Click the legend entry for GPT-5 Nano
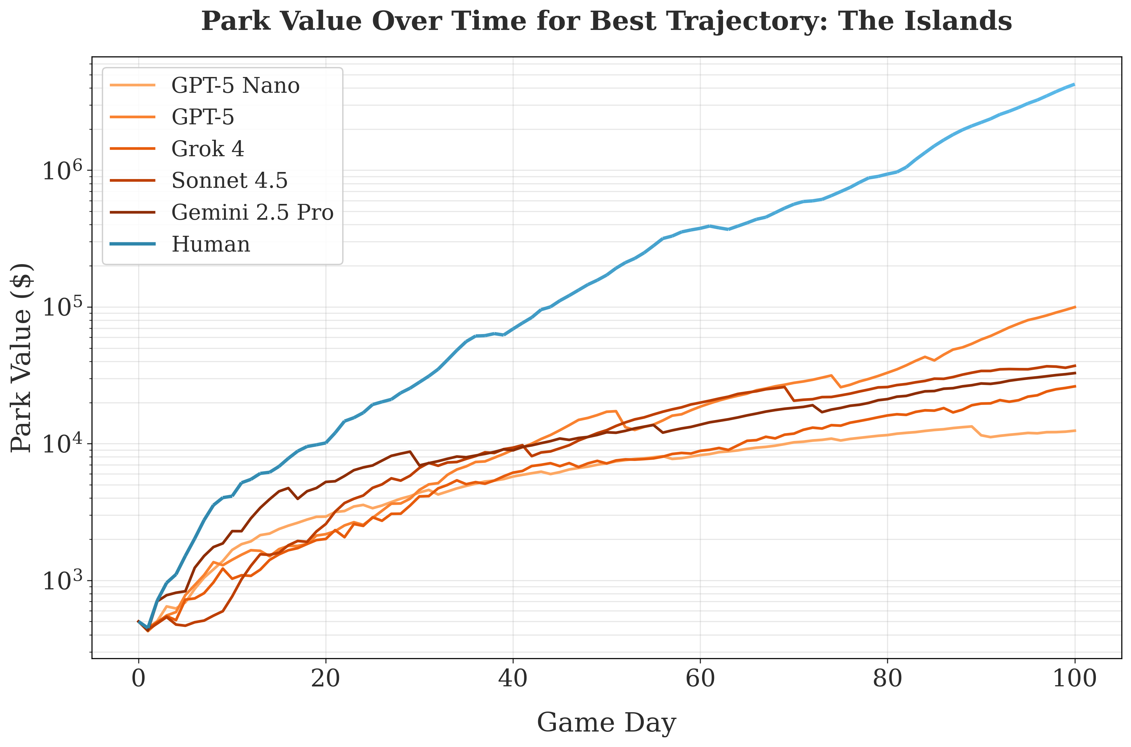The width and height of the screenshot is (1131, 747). tap(235, 86)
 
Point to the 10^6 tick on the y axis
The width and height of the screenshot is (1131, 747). tap(62, 170)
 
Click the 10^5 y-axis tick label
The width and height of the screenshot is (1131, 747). tap(62, 307)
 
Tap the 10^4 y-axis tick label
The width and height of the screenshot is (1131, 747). tap(62, 444)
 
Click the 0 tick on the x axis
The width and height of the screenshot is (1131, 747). tap(139, 678)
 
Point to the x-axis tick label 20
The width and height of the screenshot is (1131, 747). tap(325, 678)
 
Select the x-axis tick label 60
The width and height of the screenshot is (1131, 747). tap(700, 678)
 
